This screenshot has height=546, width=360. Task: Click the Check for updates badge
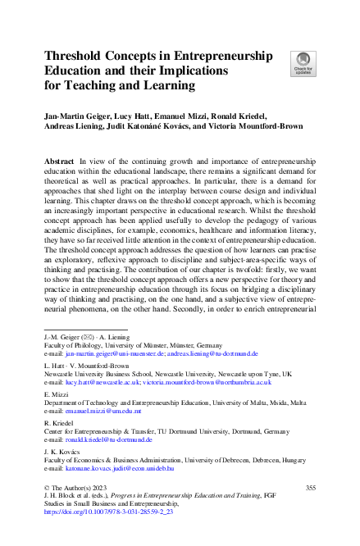pyautogui.click(x=302, y=62)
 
